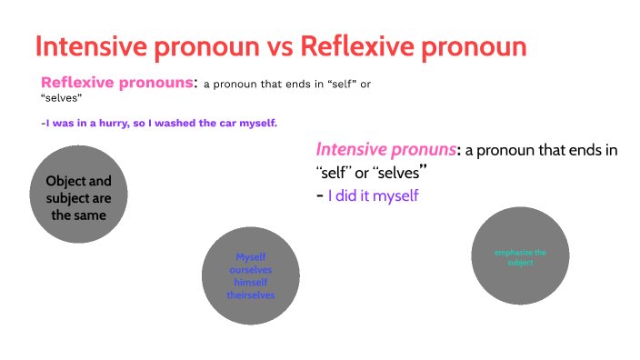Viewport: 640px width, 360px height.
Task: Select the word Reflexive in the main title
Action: (x=353, y=47)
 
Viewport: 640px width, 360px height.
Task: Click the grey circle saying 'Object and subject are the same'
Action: (x=78, y=198)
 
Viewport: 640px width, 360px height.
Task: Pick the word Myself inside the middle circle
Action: (x=250, y=256)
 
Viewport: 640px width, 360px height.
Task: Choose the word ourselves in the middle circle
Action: (x=250, y=270)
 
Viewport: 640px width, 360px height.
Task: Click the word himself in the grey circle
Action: (x=250, y=283)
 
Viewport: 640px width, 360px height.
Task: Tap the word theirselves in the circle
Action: (x=250, y=295)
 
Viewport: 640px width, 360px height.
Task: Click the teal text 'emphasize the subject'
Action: (x=520, y=257)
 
